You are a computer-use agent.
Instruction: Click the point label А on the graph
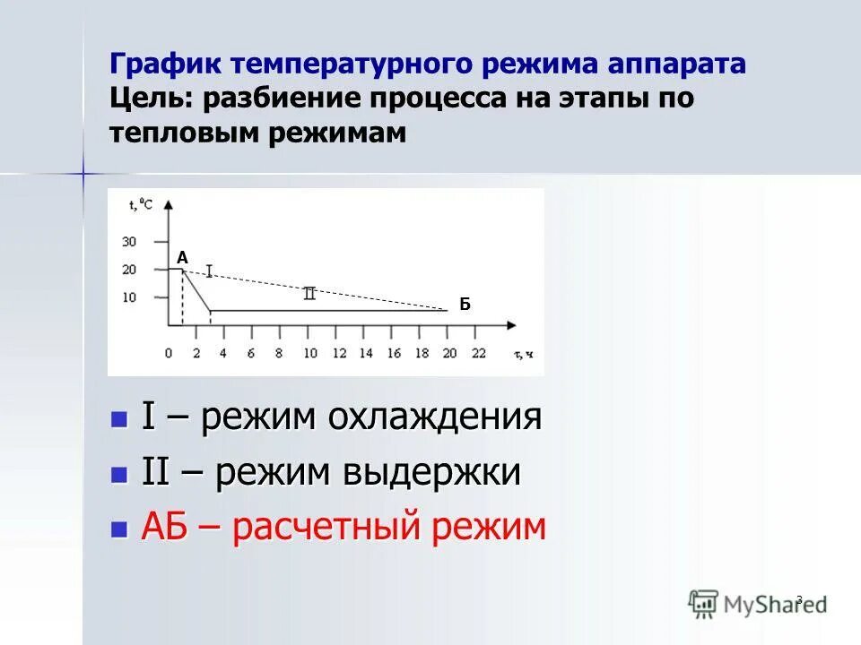coord(182,258)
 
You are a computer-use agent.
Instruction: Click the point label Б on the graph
coord(465,305)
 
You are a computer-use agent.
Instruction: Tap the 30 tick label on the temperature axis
coord(129,242)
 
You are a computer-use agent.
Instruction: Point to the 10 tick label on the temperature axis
coord(129,297)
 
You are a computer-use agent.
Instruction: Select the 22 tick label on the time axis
coord(477,353)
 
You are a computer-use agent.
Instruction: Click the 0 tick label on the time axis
coord(169,353)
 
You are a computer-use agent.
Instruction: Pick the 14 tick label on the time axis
coord(365,353)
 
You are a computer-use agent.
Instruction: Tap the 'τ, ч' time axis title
coord(524,354)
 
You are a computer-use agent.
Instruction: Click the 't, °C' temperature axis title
coord(141,204)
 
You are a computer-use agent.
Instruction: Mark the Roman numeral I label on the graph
coord(209,271)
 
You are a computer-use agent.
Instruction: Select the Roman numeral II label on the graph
coord(309,293)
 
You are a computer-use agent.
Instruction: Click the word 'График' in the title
coord(167,64)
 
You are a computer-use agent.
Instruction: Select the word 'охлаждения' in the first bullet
coord(434,417)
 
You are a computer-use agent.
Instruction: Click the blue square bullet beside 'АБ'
coord(118,529)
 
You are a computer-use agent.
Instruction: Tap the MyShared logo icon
coord(704,603)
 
